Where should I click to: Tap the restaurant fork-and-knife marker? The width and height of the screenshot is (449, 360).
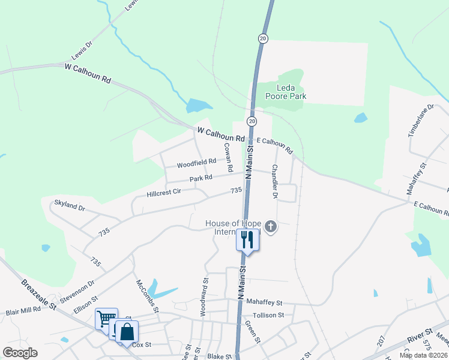[248, 240]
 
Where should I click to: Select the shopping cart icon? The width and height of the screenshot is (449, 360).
[106, 319]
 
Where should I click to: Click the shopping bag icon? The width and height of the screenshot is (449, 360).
[127, 331]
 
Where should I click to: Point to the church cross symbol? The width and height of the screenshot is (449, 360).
[271, 226]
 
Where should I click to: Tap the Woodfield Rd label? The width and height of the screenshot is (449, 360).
[196, 163]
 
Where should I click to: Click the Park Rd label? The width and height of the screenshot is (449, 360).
[201, 178]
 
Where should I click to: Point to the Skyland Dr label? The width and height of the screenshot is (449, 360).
[70, 206]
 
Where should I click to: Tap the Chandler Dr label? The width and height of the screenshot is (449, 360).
[275, 181]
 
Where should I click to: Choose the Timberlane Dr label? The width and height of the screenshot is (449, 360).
[421, 121]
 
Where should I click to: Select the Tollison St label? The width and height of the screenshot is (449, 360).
[268, 315]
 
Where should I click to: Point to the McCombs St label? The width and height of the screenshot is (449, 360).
[146, 295]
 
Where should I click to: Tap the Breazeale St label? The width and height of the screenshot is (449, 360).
[38, 295]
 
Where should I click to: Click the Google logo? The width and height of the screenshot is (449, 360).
[20, 353]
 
